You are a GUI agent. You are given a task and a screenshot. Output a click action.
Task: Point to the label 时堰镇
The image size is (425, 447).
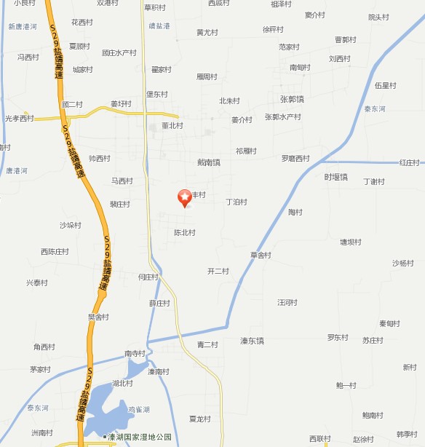pyautogui.click(x=336, y=177)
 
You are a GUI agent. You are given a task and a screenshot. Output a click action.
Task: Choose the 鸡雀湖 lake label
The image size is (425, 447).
pyautogui.click(x=139, y=409)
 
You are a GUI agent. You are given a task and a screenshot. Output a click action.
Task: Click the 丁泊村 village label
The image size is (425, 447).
pyautogui.click(x=237, y=202)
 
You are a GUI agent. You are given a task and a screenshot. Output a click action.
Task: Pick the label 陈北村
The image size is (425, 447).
pyautogui.click(x=184, y=233)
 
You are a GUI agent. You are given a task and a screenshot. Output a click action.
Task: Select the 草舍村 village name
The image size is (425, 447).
pyautogui.click(x=261, y=255)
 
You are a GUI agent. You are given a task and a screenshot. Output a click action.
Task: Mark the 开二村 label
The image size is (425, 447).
pyautogui.click(x=218, y=271)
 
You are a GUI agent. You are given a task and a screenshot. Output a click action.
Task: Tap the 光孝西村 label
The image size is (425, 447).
pyautogui.click(x=19, y=118)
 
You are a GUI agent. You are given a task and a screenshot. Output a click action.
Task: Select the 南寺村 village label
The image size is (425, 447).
pyautogui.click(x=136, y=354)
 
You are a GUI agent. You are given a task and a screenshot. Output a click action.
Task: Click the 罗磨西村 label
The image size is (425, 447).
pyautogui.click(x=295, y=158)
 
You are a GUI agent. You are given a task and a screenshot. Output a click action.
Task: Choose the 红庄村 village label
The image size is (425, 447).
pyautogui.click(x=410, y=162)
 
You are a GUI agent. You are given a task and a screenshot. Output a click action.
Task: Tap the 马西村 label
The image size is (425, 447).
pyautogui.click(x=122, y=181)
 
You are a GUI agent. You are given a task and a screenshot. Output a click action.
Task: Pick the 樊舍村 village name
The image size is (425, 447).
pyautogui.click(x=98, y=317)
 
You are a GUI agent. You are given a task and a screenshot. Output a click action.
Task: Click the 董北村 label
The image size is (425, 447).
pyautogui.click(x=172, y=125)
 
